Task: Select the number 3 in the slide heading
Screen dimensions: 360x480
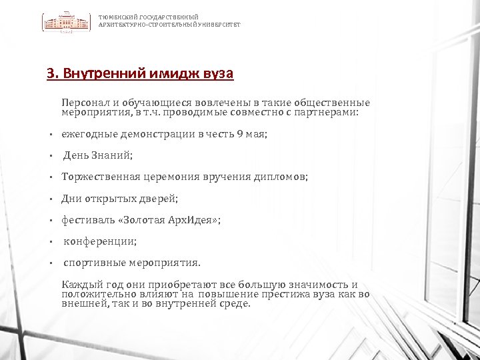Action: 50,73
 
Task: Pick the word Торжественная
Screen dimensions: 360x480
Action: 101,177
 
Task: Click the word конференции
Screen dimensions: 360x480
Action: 100,241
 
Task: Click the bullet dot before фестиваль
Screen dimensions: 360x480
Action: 51,220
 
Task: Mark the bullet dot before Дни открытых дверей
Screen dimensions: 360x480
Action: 51,199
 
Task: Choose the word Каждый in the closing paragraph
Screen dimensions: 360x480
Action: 80,285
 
